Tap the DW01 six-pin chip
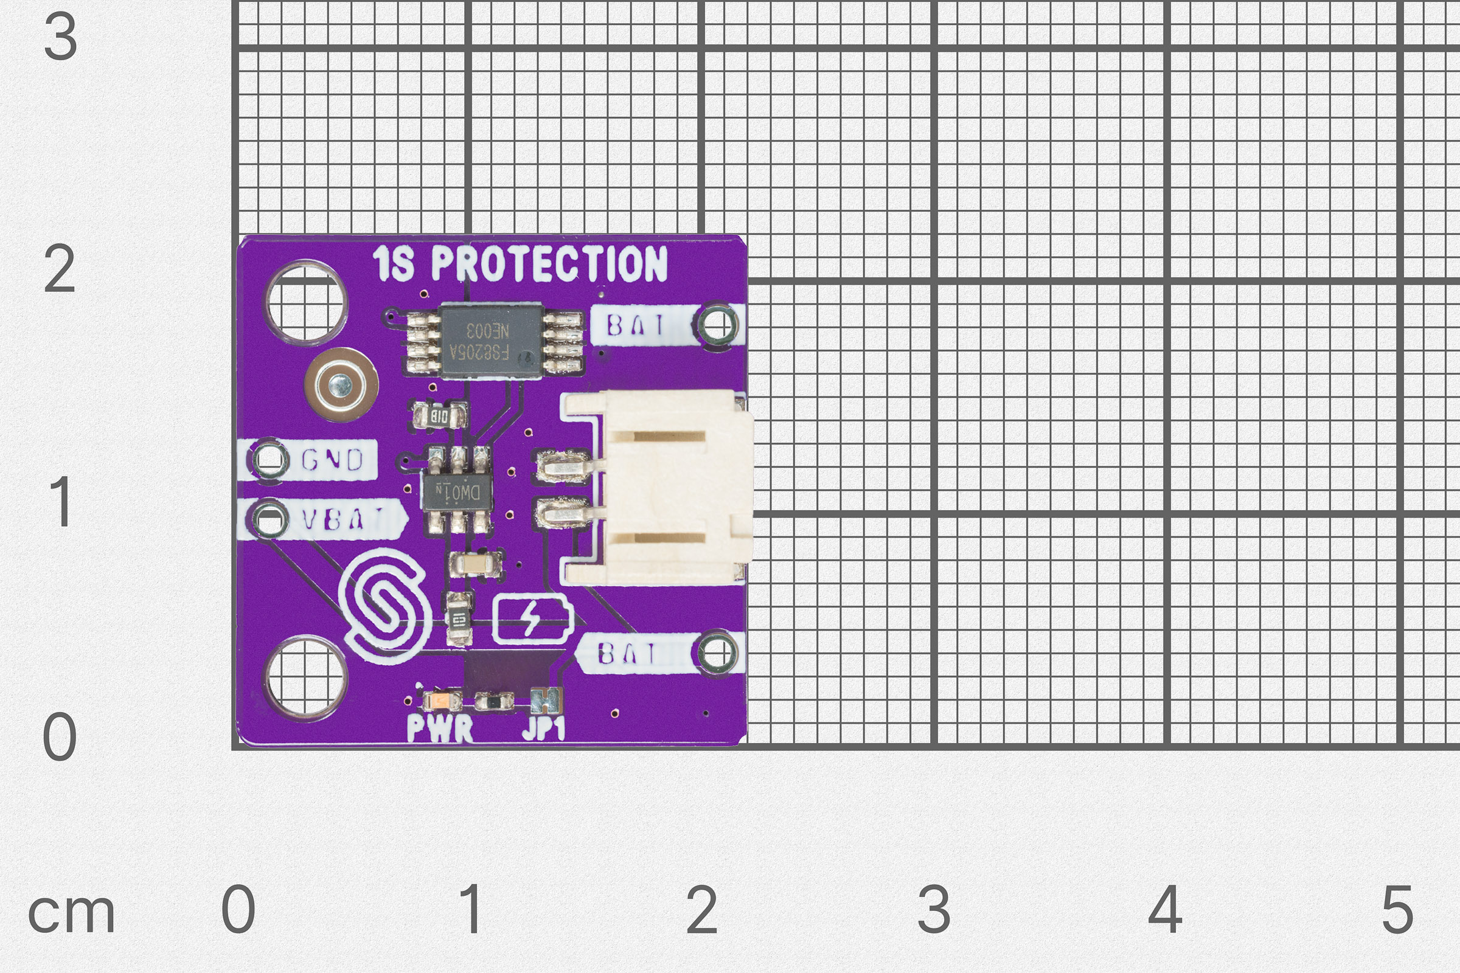click(458, 492)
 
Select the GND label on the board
click(332, 460)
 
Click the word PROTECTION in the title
click(549, 264)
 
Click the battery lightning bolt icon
click(531, 618)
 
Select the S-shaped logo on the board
click(386, 606)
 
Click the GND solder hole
click(269, 459)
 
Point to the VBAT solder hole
click(269, 518)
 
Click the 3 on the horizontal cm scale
click(934, 910)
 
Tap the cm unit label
click(71, 913)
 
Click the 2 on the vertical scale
click(60, 269)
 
